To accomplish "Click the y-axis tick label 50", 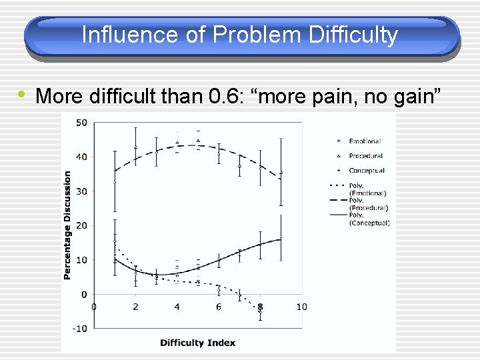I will point(80,123).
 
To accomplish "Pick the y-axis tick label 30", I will point(80,191).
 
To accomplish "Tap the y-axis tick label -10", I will point(79,328).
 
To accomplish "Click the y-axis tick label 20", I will point(80,225).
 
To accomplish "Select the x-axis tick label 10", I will point(301,307).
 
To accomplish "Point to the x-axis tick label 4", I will point(177,307).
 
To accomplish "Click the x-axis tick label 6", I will point(219,307).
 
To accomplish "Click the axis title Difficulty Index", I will point(197,343).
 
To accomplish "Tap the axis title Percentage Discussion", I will point(67,225).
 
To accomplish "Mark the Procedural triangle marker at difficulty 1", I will point(115,181).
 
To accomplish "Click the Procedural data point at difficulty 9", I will point(281,173).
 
